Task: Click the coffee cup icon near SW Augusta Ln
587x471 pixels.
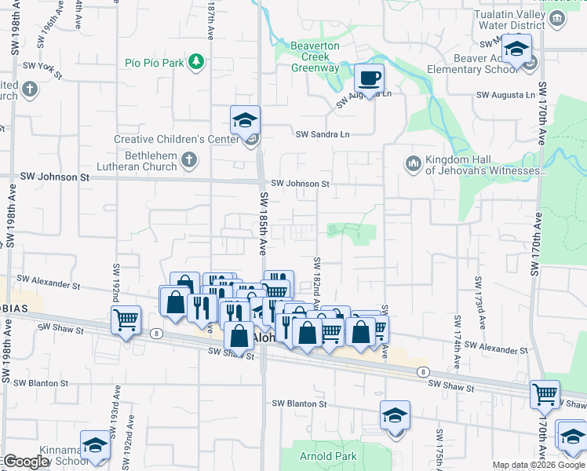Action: [369, 78]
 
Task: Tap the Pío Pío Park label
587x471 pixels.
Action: [154, 61]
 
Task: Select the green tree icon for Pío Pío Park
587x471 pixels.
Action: [195, 61]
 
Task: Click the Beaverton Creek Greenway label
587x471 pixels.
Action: [315, 57]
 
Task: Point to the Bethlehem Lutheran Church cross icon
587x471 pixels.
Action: [188, 161]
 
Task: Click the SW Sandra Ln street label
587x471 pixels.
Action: [322, 134]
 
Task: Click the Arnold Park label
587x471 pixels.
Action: [328, 456]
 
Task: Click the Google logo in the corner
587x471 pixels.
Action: [26, 462]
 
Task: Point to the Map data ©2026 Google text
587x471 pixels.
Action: [538, 465]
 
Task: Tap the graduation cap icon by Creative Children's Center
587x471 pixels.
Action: [246, 121]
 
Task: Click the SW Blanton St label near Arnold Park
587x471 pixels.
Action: [299, 403]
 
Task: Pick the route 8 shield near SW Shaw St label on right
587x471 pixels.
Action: [423, 371]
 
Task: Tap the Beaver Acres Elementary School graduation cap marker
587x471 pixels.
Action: [516, 49]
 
